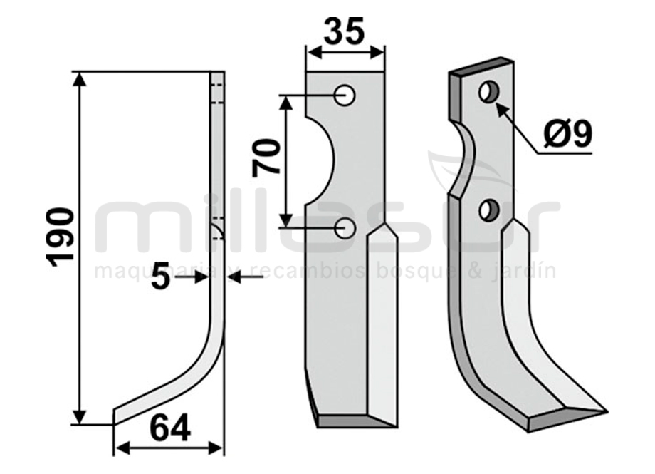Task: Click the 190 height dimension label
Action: click(x=62, y=237)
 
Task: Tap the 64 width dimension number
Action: click(x=170, y=428)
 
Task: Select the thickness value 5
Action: click(x=160, y=276)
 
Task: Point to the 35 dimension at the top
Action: click(x=344, y=31)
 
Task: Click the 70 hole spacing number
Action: click(x=266, y=158)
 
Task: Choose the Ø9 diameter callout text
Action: click(x=568, y=133)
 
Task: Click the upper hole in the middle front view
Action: click(x=345, y=96)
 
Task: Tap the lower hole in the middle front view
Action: click(x=345, y=228)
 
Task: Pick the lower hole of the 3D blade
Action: click(x=488, y=210)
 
